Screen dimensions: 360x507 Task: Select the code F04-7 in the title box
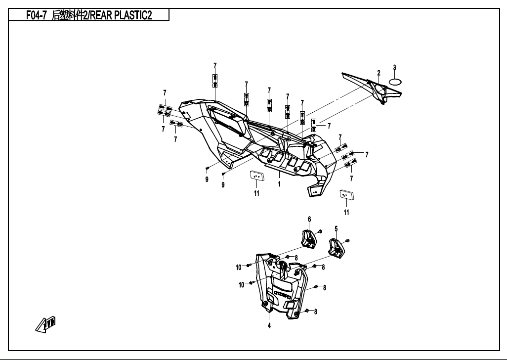click(36, 15)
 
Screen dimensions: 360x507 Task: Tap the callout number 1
click(279, 184)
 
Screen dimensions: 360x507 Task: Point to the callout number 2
click(379, 73)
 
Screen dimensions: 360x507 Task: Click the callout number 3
click(394, 67)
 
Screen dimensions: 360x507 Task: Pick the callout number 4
click(269, 325)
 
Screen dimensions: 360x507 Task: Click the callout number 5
click(336, 229)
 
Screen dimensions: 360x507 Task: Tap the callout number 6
click(309, 219)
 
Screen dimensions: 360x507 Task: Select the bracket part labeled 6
click(309, 238)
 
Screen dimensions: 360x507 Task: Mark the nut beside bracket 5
click(349, 240)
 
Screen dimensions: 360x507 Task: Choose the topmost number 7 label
click(215, 66)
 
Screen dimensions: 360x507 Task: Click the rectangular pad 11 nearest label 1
click(256, 177)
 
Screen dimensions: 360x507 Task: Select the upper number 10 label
click(239, 267)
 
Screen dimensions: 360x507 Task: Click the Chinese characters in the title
click(68, 15)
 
